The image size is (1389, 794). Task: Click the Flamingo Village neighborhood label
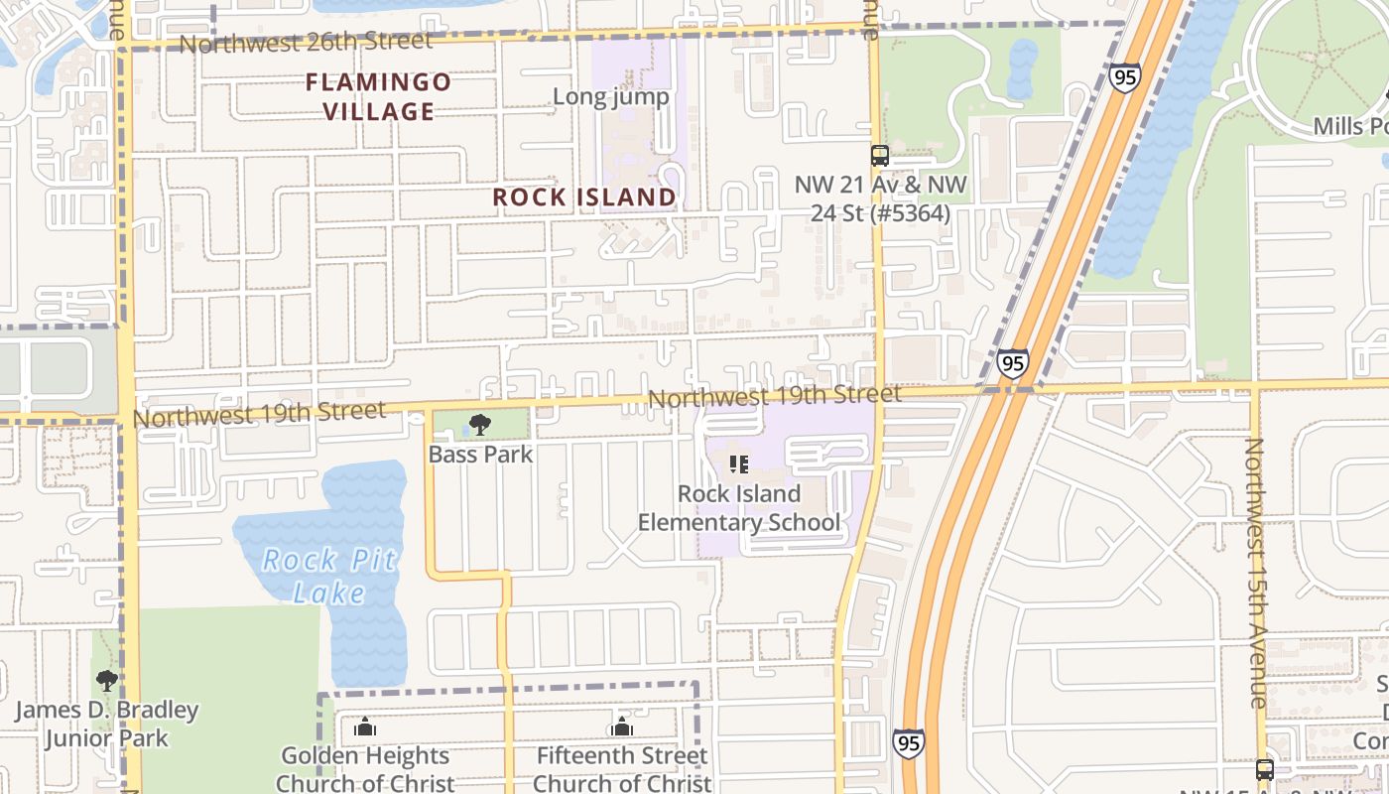(x=378, y=96)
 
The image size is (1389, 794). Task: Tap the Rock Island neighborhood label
(x=584, y=198)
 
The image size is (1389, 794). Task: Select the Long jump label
(x=610, y=97)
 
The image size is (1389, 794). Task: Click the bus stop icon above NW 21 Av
(x=879, y=155)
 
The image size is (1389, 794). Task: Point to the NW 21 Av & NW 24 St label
(x=880, y=198)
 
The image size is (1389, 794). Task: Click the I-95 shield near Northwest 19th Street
(x=1013, y=364)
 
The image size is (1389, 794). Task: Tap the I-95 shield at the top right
(x=1125, y=77)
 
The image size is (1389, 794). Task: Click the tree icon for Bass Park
(x=480, y=426)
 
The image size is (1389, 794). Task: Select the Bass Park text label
(x=480, y=455)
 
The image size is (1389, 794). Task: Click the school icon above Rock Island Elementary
(x=738, y=463)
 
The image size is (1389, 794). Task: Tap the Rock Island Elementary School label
(x=738, y=508)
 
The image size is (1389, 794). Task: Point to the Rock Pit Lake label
(x=329, y=577)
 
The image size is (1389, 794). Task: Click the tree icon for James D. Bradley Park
(x=106, y=681)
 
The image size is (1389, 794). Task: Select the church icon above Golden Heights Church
(x=365, y=728)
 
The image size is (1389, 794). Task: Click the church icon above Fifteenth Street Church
(x=622, y=728)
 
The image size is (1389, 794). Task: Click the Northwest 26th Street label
(x=306, y=43)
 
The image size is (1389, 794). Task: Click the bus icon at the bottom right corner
(x=1264, y=769)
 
